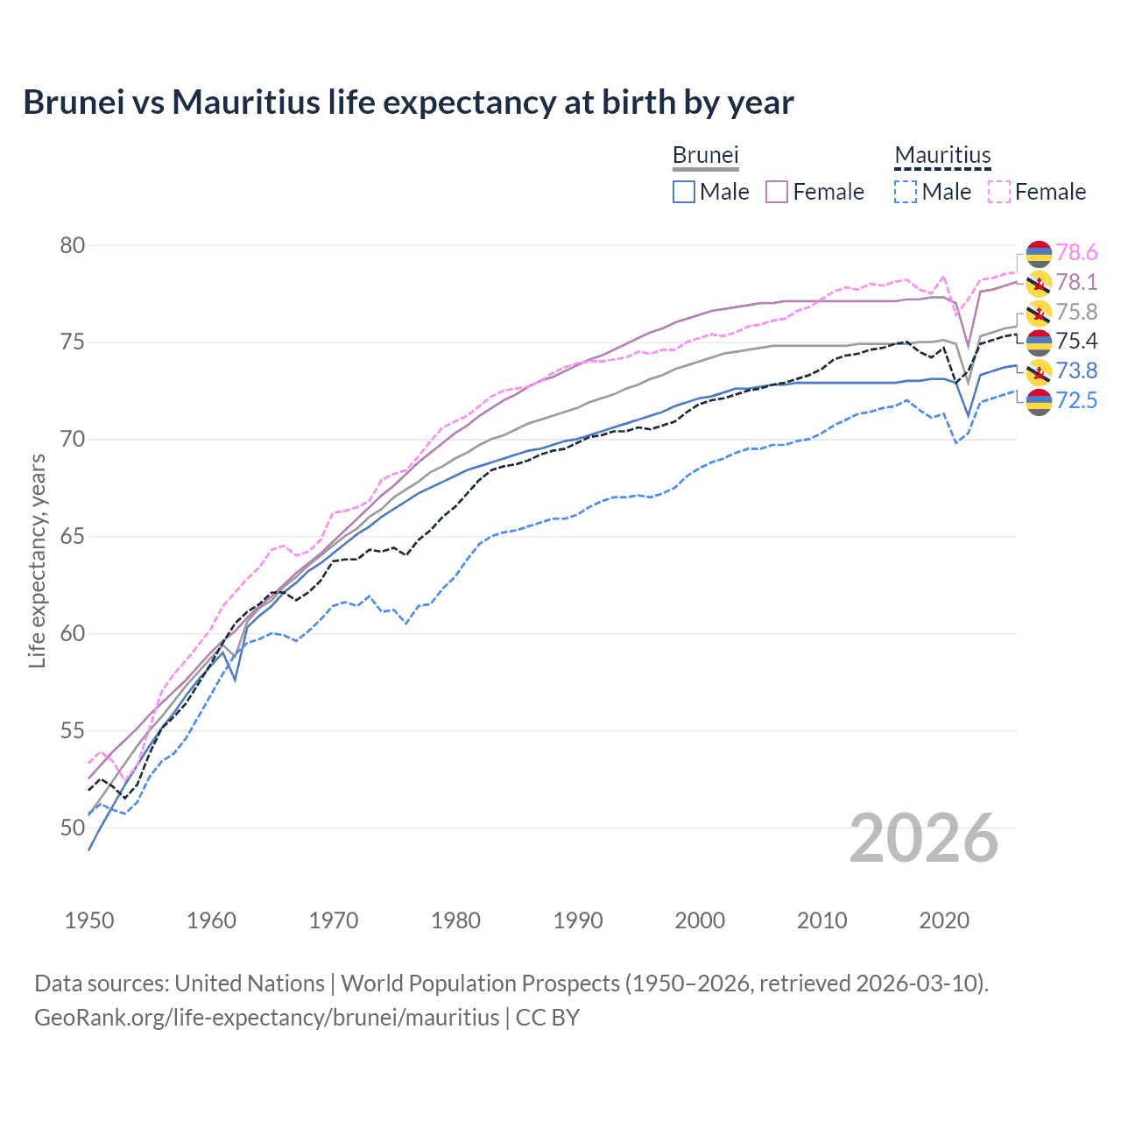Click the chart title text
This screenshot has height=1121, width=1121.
[x=408, y=102]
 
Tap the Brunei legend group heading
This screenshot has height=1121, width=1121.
[x=706, y=155]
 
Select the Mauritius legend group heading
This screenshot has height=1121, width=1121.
[x=942, y=155]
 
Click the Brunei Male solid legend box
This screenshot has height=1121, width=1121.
[x=684, y=192]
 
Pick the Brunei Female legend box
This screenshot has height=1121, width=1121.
[x=777, y=192]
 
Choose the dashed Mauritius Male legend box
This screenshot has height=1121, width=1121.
[x=906, y=192]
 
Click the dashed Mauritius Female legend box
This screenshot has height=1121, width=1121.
[x=999, y=192]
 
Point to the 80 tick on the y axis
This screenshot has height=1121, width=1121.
[x=73, y=245]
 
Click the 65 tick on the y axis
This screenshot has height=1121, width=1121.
[x=73, y=536]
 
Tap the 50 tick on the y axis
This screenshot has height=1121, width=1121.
[x=73, y=827]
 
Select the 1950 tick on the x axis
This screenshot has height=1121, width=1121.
[x=89, y=920]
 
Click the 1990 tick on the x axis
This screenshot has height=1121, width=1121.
[x=578, y=920]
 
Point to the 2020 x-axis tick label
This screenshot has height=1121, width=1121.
[x=944, y=920]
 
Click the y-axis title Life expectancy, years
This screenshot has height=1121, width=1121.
[x=37, y=560]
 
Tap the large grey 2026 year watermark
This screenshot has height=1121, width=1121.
[x=924, y=838]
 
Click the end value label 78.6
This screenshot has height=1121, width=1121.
[x=1076, y=253]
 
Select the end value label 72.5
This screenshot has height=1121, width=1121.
[x=1076, y=400]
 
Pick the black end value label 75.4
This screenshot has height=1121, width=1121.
[x=1076, y=341]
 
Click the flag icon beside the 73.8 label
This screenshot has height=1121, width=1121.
[x=1039, y=371]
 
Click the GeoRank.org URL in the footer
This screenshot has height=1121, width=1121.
[x=266, y=1018]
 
